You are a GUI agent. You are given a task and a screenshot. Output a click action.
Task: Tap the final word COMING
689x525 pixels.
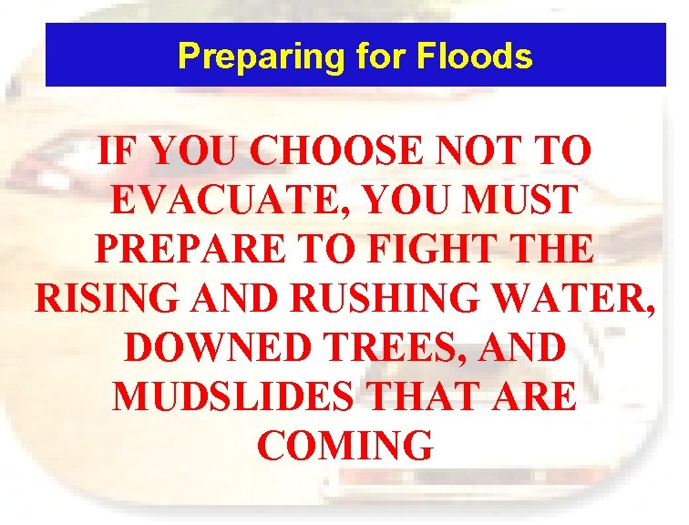coord(344,446)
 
